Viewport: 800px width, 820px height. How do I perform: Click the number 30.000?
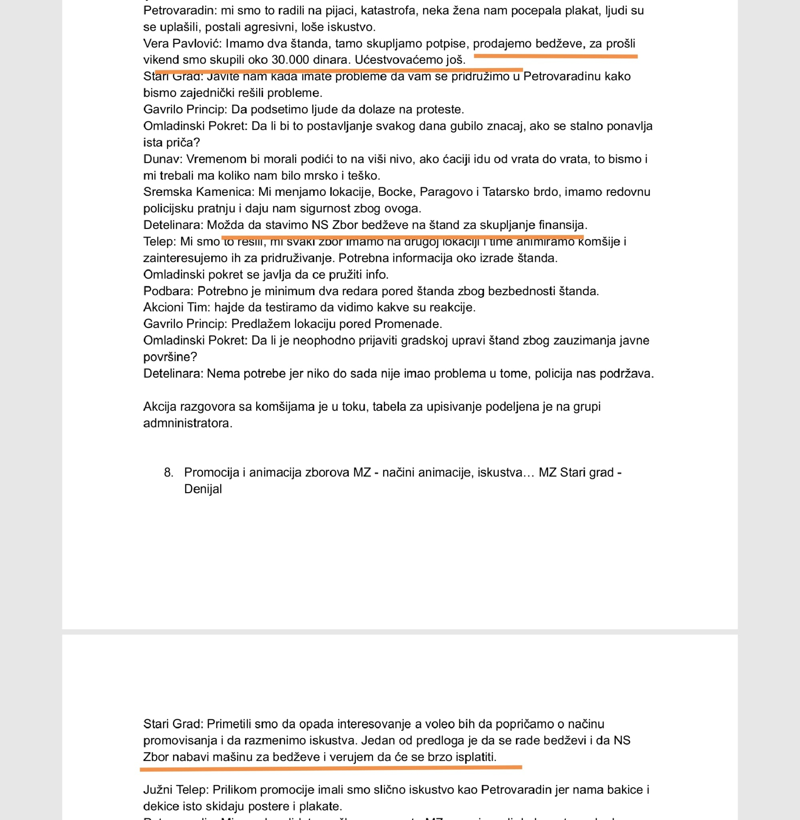(x=290, y=60)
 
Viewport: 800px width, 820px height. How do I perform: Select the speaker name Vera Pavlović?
(x=182, y=43)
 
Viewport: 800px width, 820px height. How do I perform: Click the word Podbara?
(x=168, y=291)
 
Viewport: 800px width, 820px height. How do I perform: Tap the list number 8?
(x=168, y=472)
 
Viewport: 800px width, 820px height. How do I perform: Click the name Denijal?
(x=203, y=489)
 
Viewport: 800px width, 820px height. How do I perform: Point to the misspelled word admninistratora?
(x=187, y=423)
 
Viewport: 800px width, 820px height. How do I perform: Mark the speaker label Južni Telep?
(x=176, y=789)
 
